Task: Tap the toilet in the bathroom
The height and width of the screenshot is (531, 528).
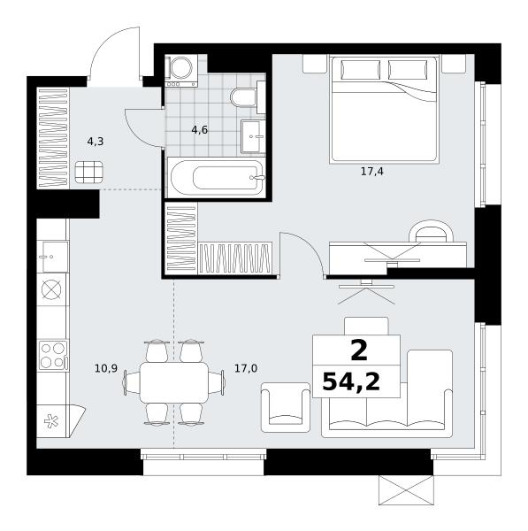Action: click(x=248, y=97)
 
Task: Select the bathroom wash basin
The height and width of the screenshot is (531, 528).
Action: click(x=253, y=136)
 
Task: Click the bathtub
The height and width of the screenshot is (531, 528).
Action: click(x=217, y=177)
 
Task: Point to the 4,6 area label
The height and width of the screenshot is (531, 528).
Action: click(x=199, y=130)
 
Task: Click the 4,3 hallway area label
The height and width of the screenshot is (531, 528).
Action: click(x=96, y=142)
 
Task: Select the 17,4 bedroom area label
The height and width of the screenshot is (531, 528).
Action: click(x=372, y=172)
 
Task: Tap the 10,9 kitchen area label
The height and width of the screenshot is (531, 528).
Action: click(x=106, y=368)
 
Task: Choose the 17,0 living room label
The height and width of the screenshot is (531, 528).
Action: click(x=246, y=368)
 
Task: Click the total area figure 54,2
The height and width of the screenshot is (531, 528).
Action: click(x=351, y=382)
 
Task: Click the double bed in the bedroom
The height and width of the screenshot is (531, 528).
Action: click(x=384, y=110)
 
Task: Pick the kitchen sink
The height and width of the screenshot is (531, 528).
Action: click(x=53, y=257)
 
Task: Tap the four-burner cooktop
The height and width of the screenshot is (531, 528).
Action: click(x=53, y=355)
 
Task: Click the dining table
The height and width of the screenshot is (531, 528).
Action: click(x=174, y=382)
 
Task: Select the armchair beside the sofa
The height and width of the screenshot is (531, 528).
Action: click(x=286, y=407)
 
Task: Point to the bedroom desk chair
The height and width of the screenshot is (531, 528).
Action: click(x=431, y=231)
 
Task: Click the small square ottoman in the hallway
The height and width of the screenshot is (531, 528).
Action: click(x=89, y=173)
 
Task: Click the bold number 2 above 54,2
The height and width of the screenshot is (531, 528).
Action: click(x=359, y=351)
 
